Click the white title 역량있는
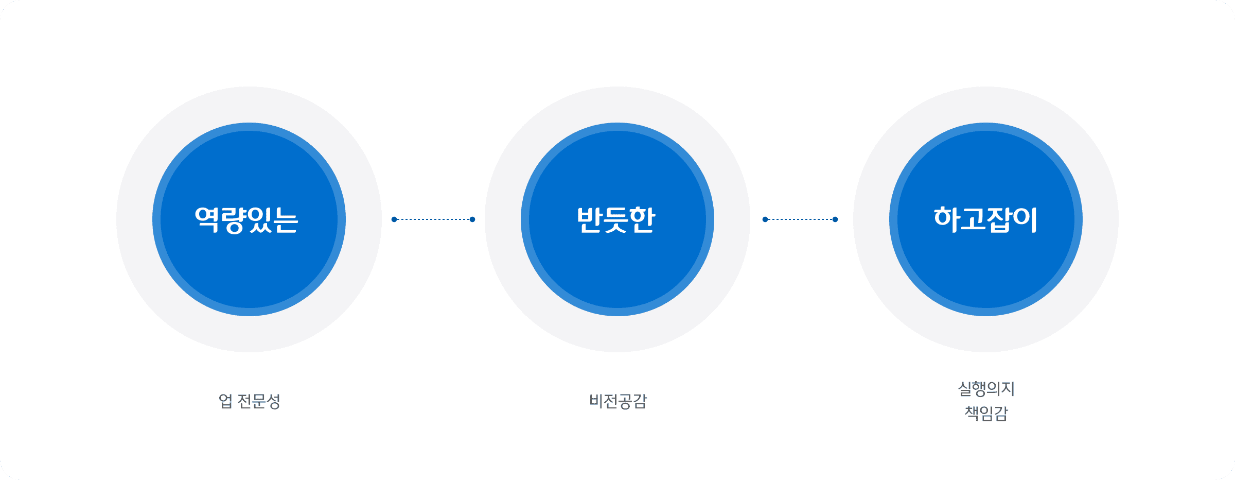pyautogui.click(x=246, y=220)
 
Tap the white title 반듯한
pyautogui.click(x=616, y=220)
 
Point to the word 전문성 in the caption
pyautogui.click(x=259, y=401)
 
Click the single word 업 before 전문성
pyautogui.click(x=225, y=401)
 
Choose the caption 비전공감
pyautogui.click(x=617, y=401)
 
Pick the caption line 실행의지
pyautogui.click(x=986, y=389)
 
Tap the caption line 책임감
pyautogui.click(x=986, y=413)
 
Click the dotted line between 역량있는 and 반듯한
pyautogui.click(x=433, y=219)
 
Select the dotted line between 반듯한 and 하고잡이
pyautogui.click(x=800, y=219)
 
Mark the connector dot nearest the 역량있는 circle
pyautogui.click(x=394, y=219)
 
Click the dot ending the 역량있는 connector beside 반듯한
pyautogui.click(x=472, y=219)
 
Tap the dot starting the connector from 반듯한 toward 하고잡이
pyautogui.click(x=765, y=219)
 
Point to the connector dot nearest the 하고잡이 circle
pyautogui.click(x=835, y=219)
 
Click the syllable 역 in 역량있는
pyautogui.click(x=207, y=220)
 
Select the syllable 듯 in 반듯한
pyautogui.click(x=616, y=220)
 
